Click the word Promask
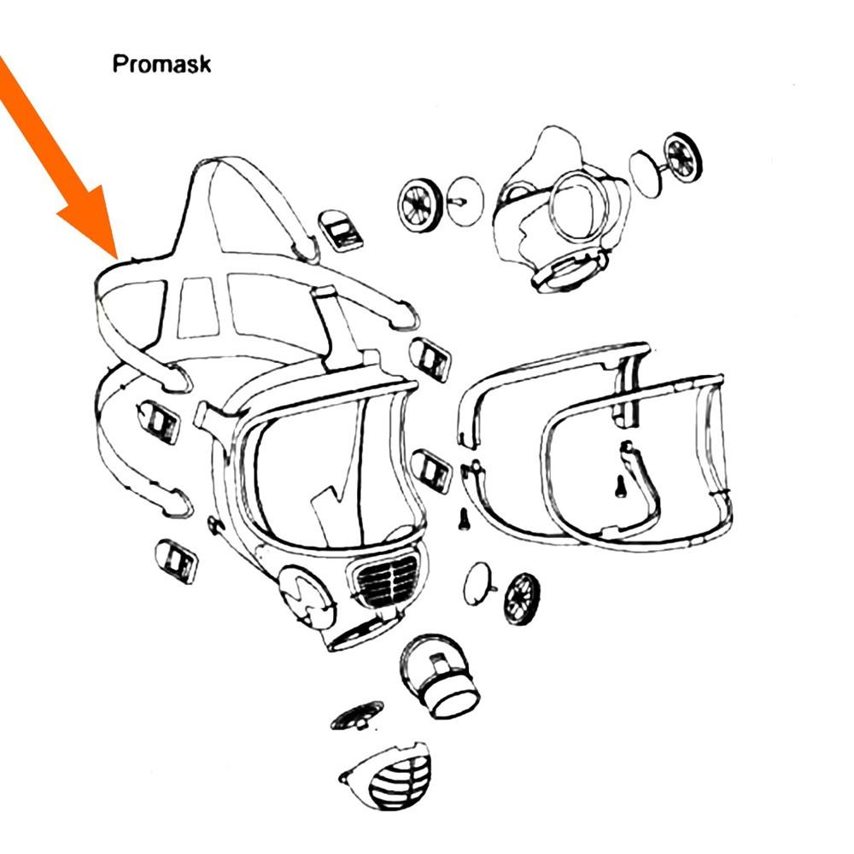(x=161, y=64)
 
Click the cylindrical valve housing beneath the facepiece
(x=440, y=676)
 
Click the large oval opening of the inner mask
(x=576, y=207)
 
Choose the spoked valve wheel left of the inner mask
(x=418, y=205)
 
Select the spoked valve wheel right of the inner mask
(x=683, y=157)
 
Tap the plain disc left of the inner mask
(x=465, y=201)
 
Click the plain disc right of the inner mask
(x=646, y=173)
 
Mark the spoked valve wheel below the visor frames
(x=522, y=599)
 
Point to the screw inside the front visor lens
(x=619, y=486)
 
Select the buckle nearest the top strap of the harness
(x=342, y=231)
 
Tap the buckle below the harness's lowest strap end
(x=176, y=562)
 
